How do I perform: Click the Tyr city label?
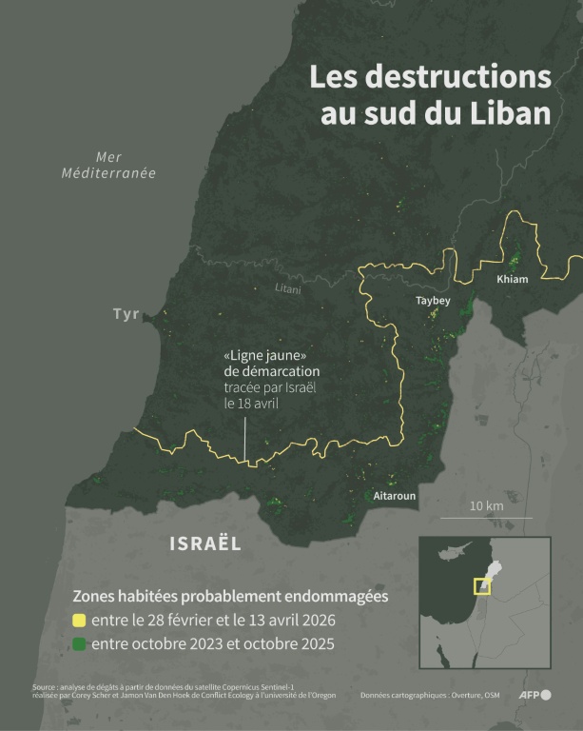(x=126, y=314)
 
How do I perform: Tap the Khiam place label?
(x=512, y=280)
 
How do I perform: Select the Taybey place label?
(x=433, y=301)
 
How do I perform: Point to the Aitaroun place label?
(x=394, y=496)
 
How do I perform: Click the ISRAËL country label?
(x=204, y=543)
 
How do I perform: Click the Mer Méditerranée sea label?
(x=108, y=165)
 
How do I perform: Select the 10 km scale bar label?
(x=487, y=505)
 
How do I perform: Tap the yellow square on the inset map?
(x=483, y=586)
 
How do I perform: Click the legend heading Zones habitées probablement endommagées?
(x=231, y=596)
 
